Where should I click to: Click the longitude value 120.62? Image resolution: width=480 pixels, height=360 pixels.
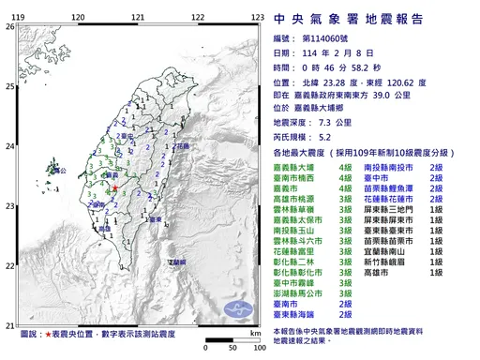point(416,82)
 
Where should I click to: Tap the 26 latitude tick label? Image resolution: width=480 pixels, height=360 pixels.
point(9,27)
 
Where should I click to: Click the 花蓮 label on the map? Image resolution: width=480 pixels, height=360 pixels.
point(183,147)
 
